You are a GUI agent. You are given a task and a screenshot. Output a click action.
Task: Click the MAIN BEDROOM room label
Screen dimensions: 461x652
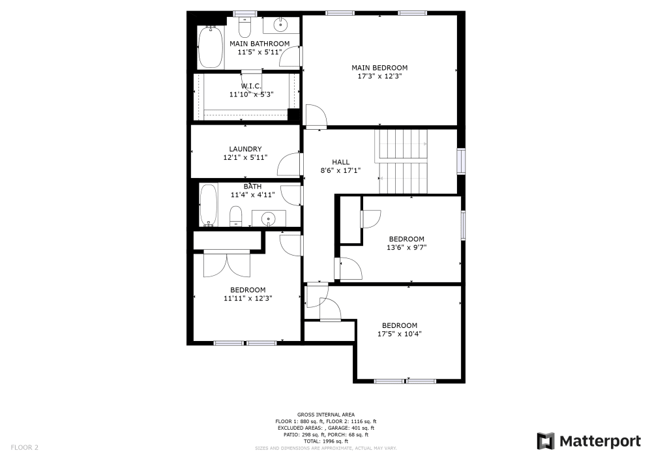pyautogui.click(x=379, y=68)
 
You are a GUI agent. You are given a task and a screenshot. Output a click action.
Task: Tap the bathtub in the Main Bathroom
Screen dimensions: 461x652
pyautogui.click(x=211, y=48)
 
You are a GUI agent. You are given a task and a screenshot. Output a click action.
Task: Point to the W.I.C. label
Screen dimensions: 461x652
pyautogui.click(x=251, y=86)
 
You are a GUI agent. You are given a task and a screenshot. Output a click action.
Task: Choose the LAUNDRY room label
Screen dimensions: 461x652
pyautogui.click(x=245, y=149)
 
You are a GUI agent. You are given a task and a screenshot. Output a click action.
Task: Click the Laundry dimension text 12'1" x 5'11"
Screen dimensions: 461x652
pyautogui.click(x=245, y=157)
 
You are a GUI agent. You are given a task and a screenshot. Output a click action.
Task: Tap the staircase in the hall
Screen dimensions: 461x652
pyautogui.click(x=401, y=161)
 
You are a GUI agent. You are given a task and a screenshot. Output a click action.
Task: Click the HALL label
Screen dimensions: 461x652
pyautogui.click(x=340, y=162)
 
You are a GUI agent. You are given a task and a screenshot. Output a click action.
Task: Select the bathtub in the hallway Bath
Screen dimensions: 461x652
pyautogui.click(x=209, y=205)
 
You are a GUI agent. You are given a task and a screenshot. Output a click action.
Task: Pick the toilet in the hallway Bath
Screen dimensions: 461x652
pyautogui.click(x=236, y=216)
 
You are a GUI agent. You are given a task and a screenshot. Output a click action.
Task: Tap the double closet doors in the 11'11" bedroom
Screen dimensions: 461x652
pyautogui.click(x=226, y=264)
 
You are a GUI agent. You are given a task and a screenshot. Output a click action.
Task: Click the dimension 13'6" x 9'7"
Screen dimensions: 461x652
pyautogui.click(x=406, y=247)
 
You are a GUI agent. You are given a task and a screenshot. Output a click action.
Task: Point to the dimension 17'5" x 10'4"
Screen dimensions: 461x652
pyautogui.click(x=400, y=334)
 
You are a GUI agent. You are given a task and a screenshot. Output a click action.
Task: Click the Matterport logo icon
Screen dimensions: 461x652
pyautogui.click(x=546, y=441)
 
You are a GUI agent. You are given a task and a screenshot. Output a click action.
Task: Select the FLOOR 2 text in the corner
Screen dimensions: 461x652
pyautogui.click(x=25, y=448)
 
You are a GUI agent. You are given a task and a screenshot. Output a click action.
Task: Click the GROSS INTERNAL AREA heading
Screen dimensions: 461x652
pyautogui.click(x=326, y=415)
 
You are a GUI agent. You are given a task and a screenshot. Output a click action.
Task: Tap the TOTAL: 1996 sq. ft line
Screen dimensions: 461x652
pyautogui.click(x=326, y=441)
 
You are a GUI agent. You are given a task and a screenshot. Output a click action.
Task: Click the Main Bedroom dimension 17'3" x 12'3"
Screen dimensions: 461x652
pyautogui.click(x=379, y=76)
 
